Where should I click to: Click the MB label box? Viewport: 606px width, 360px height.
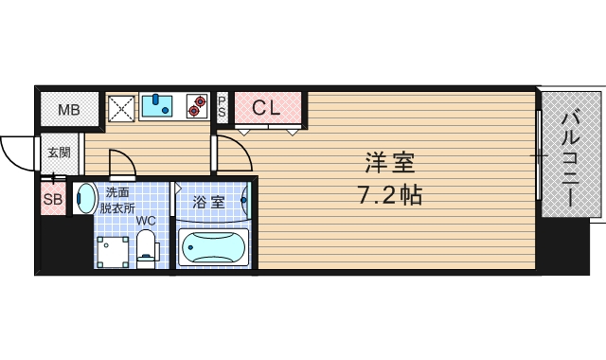coord(69,110)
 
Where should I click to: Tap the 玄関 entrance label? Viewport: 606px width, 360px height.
coord(60,152)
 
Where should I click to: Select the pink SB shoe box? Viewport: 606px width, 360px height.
coord(53,200)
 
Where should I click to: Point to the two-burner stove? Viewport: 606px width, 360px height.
coord(197,105)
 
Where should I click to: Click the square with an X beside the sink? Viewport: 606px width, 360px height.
coord(121,107)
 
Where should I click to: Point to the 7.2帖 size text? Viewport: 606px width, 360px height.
coord(389,196)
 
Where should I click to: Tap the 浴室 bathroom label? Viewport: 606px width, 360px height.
coord(208,202)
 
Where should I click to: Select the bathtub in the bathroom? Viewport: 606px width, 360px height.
coord(213,248)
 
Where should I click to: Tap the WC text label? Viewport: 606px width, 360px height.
coord(146,222)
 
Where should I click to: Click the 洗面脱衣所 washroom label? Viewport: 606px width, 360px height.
coord(119,201)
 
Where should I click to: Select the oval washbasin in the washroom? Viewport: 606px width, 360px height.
coord(85,199)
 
